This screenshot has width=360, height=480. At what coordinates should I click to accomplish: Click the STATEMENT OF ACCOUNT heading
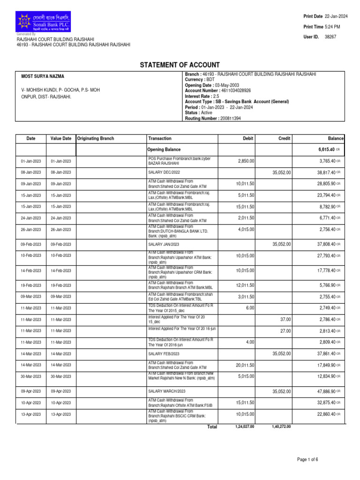point(180,65)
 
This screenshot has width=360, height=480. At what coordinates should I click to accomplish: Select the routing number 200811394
point(231,119)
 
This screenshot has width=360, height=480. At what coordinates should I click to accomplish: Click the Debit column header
point(247,139)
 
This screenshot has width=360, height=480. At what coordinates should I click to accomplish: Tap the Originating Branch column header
point(96,139)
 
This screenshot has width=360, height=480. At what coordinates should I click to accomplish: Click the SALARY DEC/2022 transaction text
point(165,173)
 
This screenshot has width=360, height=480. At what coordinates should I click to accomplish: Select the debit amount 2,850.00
point(246,161)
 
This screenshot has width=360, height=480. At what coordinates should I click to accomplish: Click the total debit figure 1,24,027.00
point(244,427)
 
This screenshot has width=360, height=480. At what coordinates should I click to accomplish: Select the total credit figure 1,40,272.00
point(281,427)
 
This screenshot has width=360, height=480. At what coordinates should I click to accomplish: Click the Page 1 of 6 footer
point(307,459)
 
